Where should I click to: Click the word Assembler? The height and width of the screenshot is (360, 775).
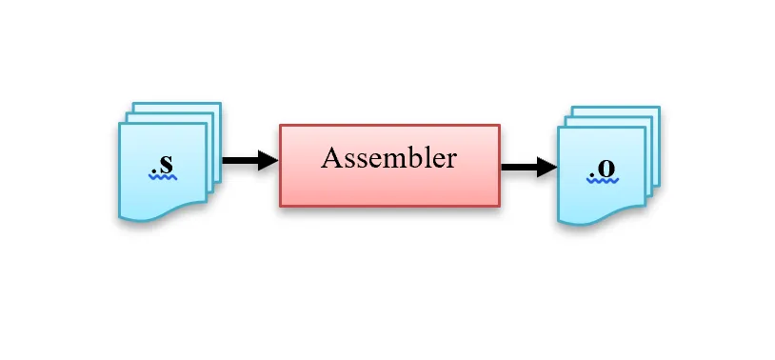(388, 158)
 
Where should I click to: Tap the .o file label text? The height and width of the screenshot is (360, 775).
(603, 169)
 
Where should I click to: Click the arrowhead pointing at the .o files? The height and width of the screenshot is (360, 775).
(546, 168)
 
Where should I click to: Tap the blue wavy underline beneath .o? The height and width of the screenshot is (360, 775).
(603, 180)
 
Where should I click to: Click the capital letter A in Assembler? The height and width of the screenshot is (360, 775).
(331, 158)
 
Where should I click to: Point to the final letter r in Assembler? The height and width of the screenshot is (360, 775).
(450, 160)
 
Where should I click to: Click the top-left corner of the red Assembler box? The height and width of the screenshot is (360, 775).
(280, 125)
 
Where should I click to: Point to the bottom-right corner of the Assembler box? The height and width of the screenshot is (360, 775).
(499, 205)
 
